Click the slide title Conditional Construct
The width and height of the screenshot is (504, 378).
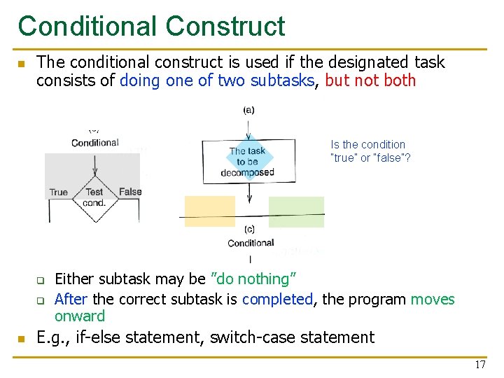pos(151,27)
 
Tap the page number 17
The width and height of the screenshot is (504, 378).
pos(480,365)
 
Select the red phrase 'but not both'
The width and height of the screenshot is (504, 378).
pos(370,80)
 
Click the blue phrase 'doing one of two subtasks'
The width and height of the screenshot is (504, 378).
pos(217,80)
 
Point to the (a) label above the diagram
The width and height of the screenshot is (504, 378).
pos(248,110)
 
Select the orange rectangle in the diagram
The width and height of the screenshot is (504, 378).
pos(209,211)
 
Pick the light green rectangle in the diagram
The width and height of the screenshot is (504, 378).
pos(296,211)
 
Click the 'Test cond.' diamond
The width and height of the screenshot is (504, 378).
pos(94,197)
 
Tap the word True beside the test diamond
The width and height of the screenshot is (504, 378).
pos(59,192)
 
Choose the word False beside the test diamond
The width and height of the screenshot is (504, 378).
pos(130,192)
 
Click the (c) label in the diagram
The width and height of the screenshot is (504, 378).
pos(250,230)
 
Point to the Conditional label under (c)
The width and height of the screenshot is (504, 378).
pos(251,243)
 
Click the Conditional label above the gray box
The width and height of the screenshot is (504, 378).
pos(95,143)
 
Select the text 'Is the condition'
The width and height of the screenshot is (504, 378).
pos(367,145)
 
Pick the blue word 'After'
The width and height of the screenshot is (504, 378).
pos(71,300)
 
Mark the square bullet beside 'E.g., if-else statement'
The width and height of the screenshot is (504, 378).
pos(22,339)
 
